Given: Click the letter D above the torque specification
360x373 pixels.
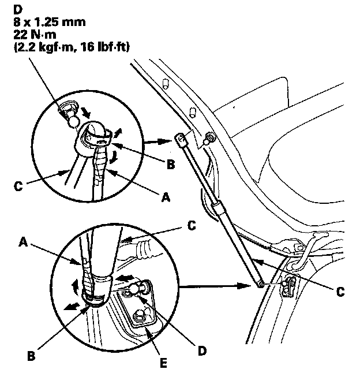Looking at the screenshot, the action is [x=18, y=10].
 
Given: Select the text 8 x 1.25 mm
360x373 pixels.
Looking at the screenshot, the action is [x=50, y=23].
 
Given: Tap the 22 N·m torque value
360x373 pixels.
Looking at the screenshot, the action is [x=35, y=35].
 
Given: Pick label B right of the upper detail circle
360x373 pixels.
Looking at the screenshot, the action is [x=171, y=164].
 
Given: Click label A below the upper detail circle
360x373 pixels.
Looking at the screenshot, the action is [x=166, y=197].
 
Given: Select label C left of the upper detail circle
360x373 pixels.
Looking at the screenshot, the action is [x=18, y=186].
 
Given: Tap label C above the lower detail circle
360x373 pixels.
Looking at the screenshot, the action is [x=192, y=226].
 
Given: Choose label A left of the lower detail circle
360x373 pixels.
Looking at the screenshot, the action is [x=23, y=242].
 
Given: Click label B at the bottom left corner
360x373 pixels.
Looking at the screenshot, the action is [x=31, y=356].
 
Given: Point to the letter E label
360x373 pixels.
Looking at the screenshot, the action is [x=163, y=363].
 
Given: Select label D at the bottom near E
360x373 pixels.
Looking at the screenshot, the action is [x=202, y=351].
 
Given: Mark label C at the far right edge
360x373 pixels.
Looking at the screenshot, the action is [x=340, y=292].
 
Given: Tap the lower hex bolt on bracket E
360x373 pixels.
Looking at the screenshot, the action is [x=139, y=316].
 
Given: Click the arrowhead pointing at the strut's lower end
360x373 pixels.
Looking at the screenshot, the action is [x=244, y=286].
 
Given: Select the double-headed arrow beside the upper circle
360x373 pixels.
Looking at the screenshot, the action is [x=158, y=142].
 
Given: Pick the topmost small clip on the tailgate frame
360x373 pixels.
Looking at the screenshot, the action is [x=165, y=84].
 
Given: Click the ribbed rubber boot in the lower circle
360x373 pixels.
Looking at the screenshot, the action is [x=145, y=251].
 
